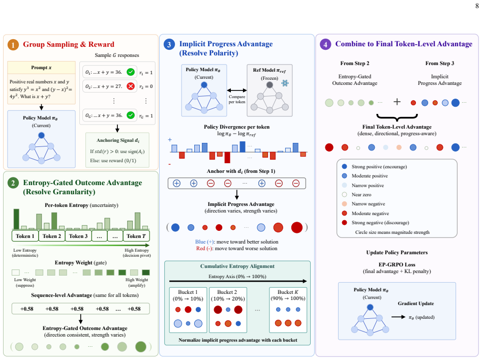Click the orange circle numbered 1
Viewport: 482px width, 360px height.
point(13,45)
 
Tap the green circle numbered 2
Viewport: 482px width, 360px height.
point(13,183)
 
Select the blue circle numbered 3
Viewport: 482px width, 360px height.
point(169,45)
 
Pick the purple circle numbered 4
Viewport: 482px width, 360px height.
point(325,44)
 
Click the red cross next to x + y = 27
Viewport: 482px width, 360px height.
point(131,86)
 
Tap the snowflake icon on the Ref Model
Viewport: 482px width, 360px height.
point(285,83)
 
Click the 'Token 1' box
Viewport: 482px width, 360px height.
point(25,236)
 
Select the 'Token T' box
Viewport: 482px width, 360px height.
point(136,236)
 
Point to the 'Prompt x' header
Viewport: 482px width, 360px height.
point(41,67)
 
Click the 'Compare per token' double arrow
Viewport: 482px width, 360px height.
point(237,91)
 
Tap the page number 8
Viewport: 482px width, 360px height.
point(477,6)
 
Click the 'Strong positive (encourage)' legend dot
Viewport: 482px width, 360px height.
point(344,166)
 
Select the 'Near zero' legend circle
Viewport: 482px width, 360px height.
point(344,195)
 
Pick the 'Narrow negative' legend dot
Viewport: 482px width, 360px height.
point(344,204)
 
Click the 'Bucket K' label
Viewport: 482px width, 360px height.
point(288,292)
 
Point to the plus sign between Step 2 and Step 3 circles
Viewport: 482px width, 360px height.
point(397,102)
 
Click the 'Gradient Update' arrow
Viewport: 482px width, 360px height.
point(399,317)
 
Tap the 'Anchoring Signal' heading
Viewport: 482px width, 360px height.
point(118,140)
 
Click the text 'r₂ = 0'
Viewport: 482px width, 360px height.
point(146,87)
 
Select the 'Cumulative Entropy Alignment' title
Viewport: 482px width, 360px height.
point(237,266)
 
